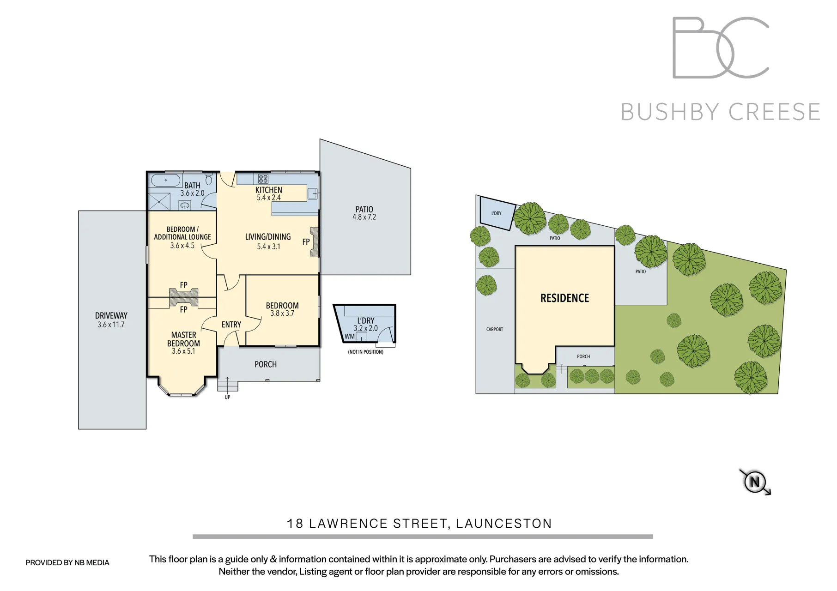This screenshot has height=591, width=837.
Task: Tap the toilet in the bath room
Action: (x=209, y=179)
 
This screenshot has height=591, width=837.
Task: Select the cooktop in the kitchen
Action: (x=263, y=179)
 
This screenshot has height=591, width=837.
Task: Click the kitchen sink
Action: (x=312, y=194)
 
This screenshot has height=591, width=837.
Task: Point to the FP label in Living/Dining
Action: (x=306, y=241)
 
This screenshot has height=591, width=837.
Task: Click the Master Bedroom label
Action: (x=183, y=339)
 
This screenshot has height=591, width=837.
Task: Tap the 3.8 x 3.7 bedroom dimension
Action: (x=282, y=314)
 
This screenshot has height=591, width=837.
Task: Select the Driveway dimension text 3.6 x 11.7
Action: (x=111, y=325)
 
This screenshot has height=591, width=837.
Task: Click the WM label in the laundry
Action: (x=350, y=337)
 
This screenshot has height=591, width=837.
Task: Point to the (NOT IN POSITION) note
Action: (x=365, y=352)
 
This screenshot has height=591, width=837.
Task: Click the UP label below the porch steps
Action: (x=227, y=397)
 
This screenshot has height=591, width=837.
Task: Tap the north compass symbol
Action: (x=755, y=482)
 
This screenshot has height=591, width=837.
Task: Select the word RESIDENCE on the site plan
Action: (x=564, y=298)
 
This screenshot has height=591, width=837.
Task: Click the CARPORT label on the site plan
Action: (x=494, y=329)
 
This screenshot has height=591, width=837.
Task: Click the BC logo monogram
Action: (x=720, y=48)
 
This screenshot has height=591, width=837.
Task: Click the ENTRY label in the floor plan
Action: (x=231, y=325)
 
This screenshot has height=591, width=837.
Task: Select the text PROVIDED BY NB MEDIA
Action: (x=67, y=562)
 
